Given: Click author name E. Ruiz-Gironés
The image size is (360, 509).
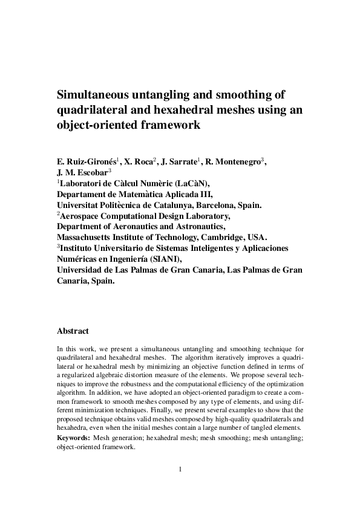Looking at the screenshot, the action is (84, 162).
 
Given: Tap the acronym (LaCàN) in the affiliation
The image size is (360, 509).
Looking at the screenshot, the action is (191, 183).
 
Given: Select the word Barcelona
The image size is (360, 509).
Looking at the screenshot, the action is (218, 205).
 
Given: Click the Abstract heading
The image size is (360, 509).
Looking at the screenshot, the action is (73, 331).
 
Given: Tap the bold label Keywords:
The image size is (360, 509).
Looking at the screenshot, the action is (74, 437).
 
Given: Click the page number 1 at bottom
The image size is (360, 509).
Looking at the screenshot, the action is (180, 468).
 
